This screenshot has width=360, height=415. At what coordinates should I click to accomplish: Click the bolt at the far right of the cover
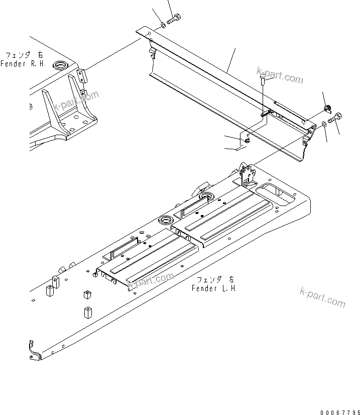336,119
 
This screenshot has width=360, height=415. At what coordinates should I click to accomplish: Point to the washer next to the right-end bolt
325,124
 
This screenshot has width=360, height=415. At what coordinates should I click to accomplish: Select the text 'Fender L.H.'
214,288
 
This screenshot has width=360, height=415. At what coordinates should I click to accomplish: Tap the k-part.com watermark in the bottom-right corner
322,297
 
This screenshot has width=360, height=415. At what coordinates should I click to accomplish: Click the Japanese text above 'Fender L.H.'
215,279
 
